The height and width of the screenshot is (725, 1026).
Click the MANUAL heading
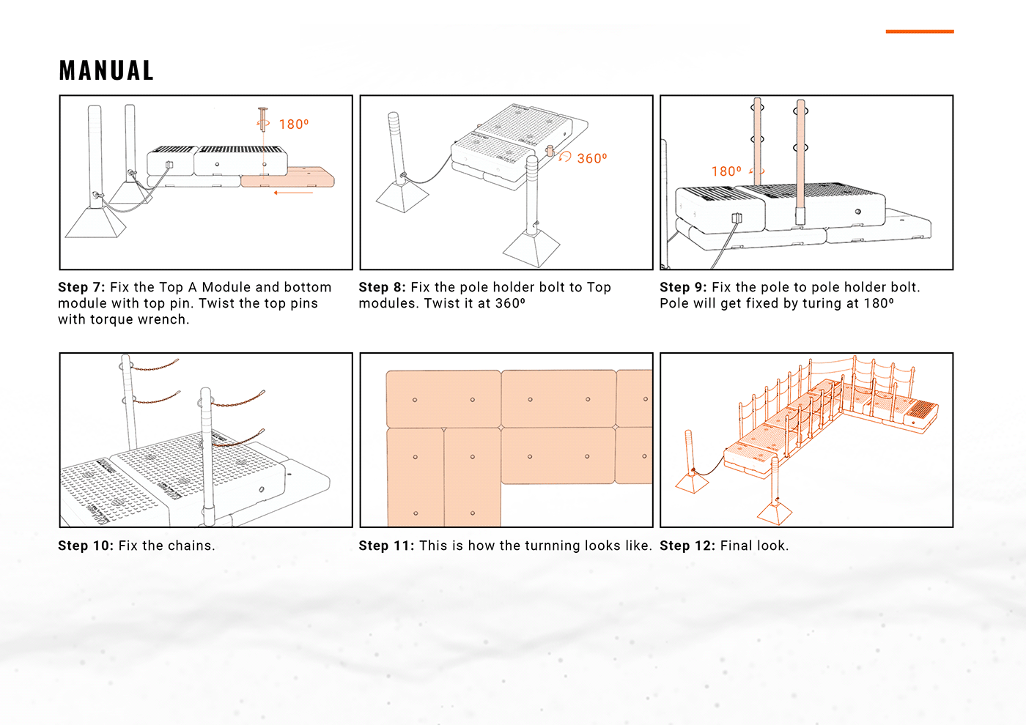coord(106,70)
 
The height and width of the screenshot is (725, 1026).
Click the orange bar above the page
coord(919,31)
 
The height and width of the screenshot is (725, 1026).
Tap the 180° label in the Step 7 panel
coord(294,124)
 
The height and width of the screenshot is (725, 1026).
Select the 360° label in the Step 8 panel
coord(592,158)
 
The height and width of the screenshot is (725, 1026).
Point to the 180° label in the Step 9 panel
coord(726,171)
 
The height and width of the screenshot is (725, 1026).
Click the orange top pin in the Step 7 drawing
coord(262,119)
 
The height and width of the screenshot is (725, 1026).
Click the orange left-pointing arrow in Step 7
coord(293,193)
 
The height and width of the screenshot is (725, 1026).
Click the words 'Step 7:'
coord(81,287)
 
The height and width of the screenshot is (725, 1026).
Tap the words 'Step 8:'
coord(382,287)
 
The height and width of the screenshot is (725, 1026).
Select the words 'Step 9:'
coord(683,287)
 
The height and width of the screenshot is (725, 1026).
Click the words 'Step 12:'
coord(687,546)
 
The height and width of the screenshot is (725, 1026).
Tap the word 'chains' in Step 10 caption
coord(190,546)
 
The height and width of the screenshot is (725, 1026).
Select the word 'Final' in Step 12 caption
coord(735,546)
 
